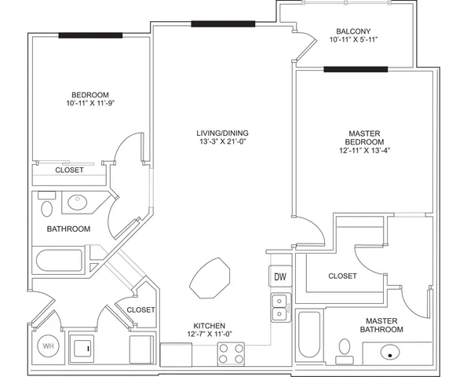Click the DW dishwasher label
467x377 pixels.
click(280, 277)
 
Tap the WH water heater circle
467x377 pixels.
click(48, 346)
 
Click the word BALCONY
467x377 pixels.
click(353, 31)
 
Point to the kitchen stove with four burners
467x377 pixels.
click(231, 353)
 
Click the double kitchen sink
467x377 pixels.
click(281, 307)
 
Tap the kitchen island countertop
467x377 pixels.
click(210, 278)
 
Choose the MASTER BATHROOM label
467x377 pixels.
click(381, 325)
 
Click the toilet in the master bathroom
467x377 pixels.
click(345, 351)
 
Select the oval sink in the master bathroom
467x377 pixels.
click(390, 353)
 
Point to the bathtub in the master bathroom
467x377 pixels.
click(309, 335)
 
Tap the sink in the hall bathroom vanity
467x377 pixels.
click(78, 203)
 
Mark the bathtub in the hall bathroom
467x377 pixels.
click(60, 261)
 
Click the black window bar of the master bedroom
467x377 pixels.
click(356, 69)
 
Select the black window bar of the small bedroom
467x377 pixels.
click(90, 35)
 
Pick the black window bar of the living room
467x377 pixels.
click(223, 24)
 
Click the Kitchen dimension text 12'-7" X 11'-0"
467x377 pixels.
click(210, 334)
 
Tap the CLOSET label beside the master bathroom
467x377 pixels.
click(342, 276)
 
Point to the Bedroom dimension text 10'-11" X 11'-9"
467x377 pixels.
click(90, 103)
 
